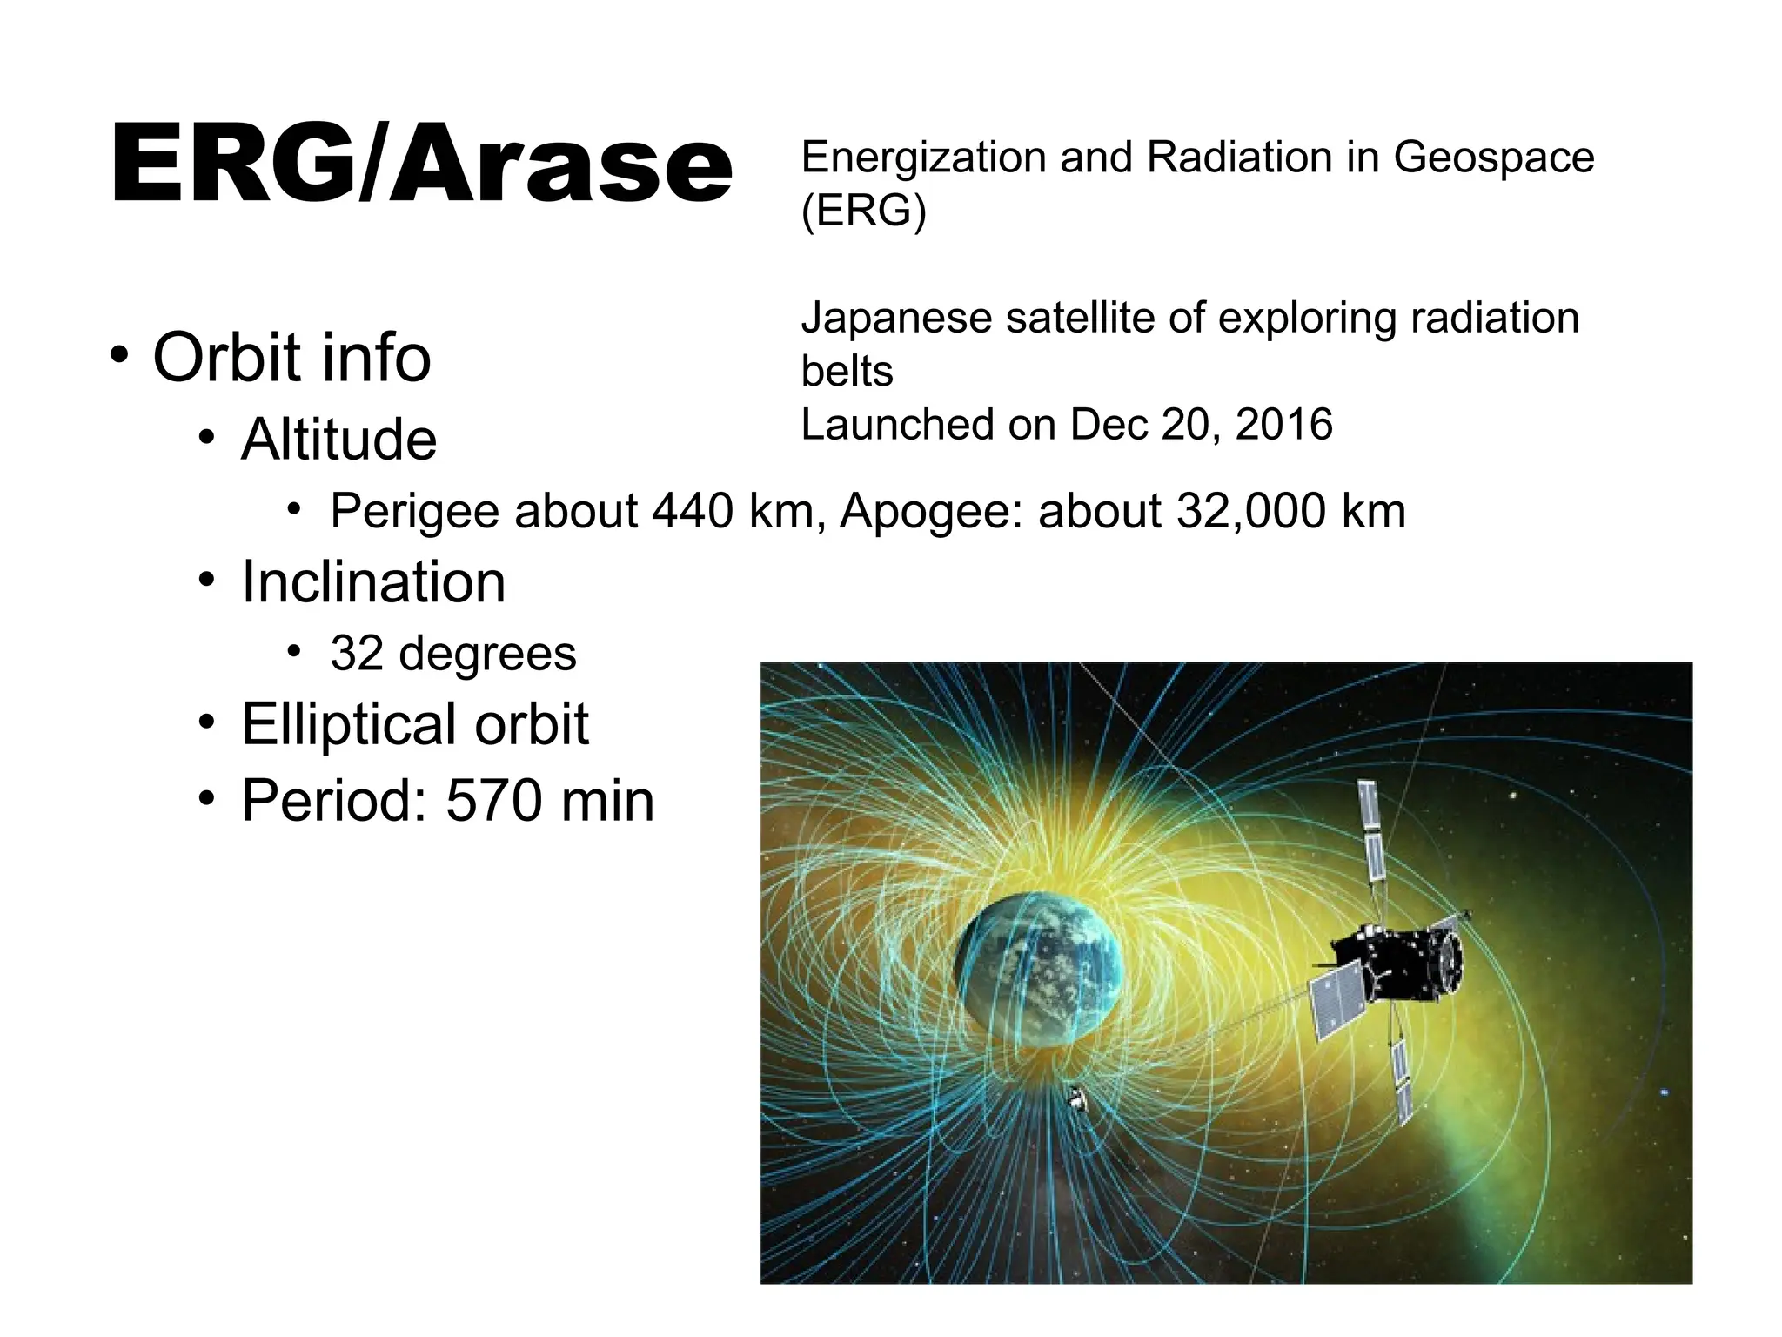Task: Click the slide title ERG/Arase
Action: click(421, 164)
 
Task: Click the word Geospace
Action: click(1493, 158)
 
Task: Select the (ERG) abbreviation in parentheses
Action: click(863, 211)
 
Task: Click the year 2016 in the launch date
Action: click(1283, 425)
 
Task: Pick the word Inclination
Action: click(372, 581)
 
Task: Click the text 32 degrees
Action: click(452, 653)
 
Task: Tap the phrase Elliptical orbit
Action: click(415, 724)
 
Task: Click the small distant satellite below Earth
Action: click(1079, 1100)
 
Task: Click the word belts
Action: click(846, 372)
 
